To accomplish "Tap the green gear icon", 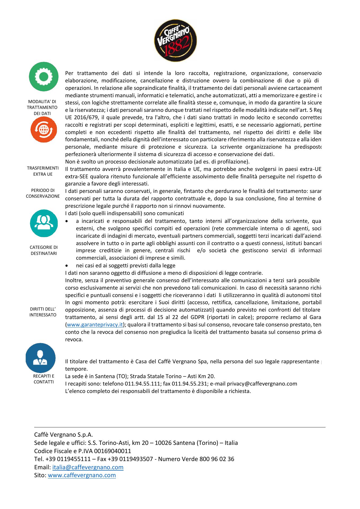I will (x=44, y=77).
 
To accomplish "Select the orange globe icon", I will (x=44, y=130).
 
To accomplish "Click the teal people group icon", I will (x=44, y=223).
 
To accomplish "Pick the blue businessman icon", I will (x=41, y=358).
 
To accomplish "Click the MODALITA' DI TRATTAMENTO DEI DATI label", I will (x=42, y=107).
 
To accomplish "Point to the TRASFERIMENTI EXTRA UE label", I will (x=43, y=171).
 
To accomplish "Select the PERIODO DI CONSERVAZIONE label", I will (x=43, y=193).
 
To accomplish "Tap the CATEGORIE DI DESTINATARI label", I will (x=43, y=250).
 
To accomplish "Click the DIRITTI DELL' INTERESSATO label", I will (x=43, y=312).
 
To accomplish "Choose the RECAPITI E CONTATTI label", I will (x=43, y=379).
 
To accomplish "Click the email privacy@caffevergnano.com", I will (x=262, y=384).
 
